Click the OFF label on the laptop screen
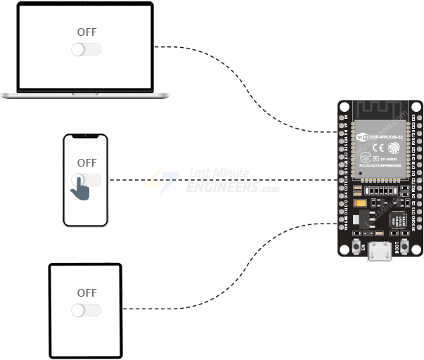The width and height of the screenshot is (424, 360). coord(86,32)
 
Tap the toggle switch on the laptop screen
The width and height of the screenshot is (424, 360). coord(86,49)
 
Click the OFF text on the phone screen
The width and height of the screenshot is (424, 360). coord(86,162)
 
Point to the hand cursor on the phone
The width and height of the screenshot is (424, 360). coord(82,188)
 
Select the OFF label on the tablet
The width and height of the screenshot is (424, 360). coord(86,292)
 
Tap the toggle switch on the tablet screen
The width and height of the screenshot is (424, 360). coord(86,310)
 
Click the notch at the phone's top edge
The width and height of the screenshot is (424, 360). coord(85,136)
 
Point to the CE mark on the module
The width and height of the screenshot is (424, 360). coord(378,148)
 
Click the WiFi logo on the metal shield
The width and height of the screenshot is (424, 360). coord(363,136)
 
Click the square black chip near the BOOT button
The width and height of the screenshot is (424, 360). coord(398,219)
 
